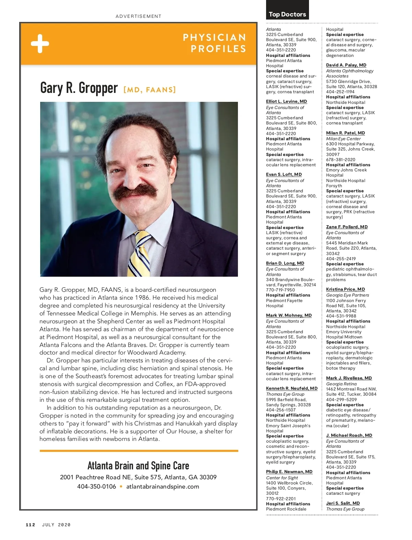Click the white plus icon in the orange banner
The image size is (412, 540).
(x=40, y=44)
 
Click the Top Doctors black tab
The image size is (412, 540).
(x=287, y=14)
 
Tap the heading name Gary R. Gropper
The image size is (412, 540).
(x=79, y=88)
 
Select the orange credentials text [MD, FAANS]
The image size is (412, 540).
(x=149, y=90)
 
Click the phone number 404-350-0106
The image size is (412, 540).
(x=96, y=487)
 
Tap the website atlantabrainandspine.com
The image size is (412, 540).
(x=162, y=487)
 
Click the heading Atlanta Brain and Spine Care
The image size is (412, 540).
(x=138, y=466)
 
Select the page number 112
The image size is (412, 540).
(x=31, y=525)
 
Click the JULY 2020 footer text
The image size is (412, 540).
(x=56, y=525)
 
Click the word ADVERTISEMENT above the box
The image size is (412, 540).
(x=138, y=16)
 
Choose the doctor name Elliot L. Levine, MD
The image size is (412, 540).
(x=286, y=101)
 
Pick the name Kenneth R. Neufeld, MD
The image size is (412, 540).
(x=291, y=388)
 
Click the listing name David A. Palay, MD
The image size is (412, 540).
(x=346, y=65)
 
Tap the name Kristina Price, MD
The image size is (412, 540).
(x=345, y=289)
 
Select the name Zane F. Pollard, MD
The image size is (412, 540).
(x=347, y=227)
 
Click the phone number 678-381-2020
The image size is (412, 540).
(x=341, y=160)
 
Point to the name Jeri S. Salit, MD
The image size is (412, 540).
(x=343, y=503)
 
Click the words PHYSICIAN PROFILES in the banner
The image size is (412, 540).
(x=215, y=43)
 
